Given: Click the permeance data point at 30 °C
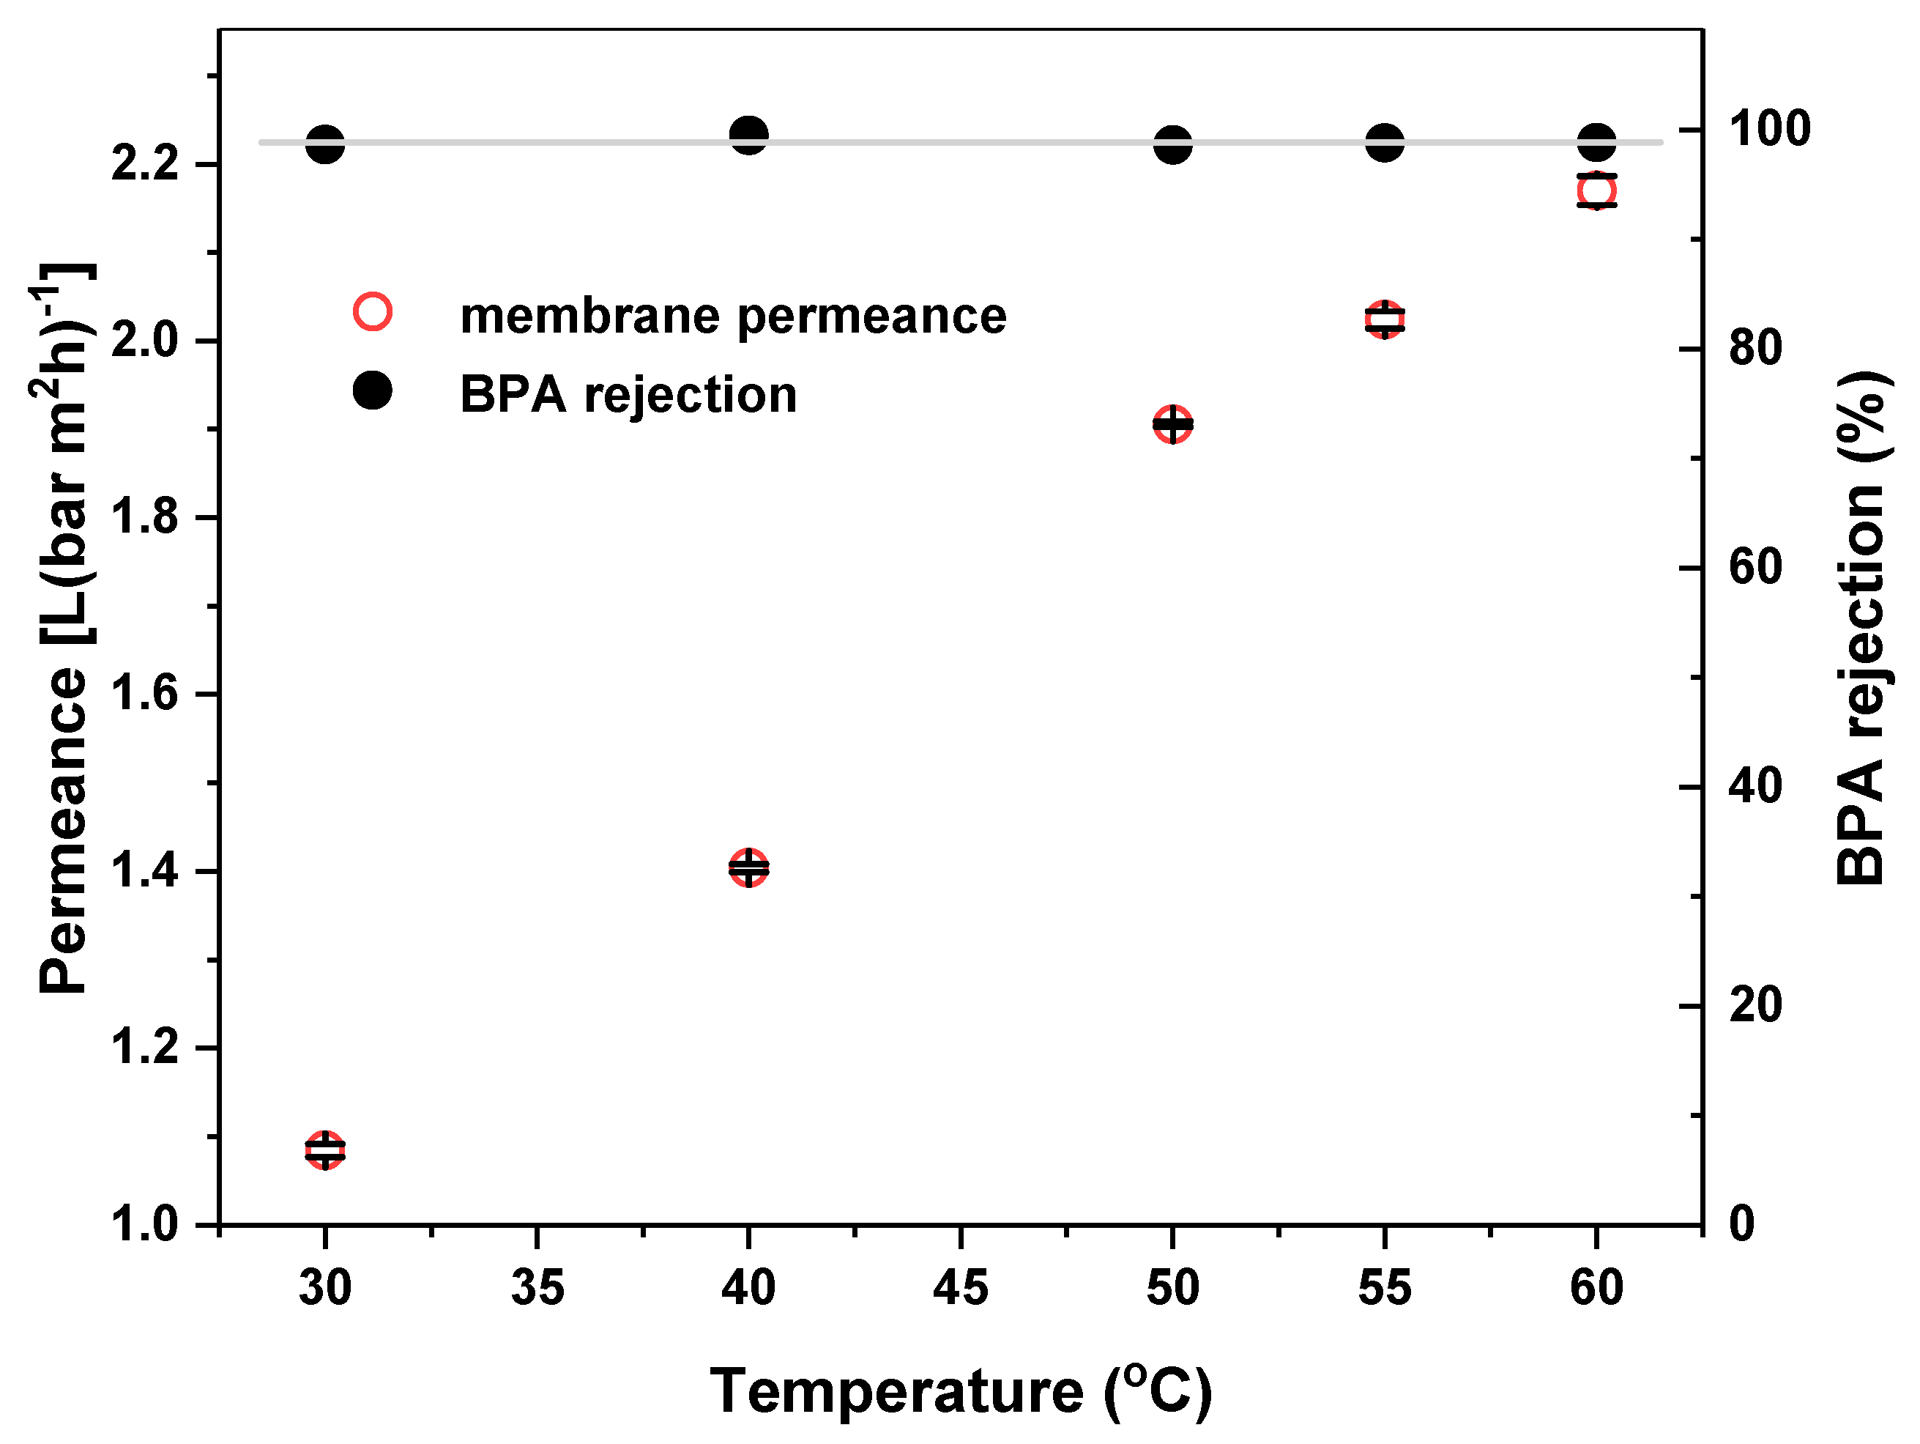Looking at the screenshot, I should tap(324, 1150).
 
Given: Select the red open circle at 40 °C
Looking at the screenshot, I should tap(748, 867).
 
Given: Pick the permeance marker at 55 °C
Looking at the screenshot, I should tap(1385, 319).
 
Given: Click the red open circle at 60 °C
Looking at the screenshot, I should tap(1596, 190).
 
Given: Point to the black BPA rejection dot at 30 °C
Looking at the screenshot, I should tap(324, 144).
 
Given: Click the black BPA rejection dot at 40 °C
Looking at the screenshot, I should tap(748, 135).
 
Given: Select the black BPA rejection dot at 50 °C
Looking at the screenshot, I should tap(1172, 144).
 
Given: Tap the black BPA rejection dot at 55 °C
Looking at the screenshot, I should tap(1385, 142).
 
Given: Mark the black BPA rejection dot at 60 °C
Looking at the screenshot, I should tap(1596, 141).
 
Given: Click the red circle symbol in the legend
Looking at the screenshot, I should tap(373, 311).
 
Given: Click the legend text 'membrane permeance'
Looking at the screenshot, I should tap(732, 315).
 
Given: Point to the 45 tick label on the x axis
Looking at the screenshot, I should tap(961, 1288).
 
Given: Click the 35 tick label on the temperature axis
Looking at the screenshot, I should tap(537, 1288).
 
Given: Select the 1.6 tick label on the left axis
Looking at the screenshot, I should tap(144, 694).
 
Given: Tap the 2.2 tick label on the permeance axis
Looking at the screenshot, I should tap(144, 163).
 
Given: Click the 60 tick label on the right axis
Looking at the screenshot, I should tap(1755, 567).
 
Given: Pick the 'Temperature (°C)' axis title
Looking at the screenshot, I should tap(961, 1391).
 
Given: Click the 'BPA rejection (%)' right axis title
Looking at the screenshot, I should tap(1862, 627).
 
